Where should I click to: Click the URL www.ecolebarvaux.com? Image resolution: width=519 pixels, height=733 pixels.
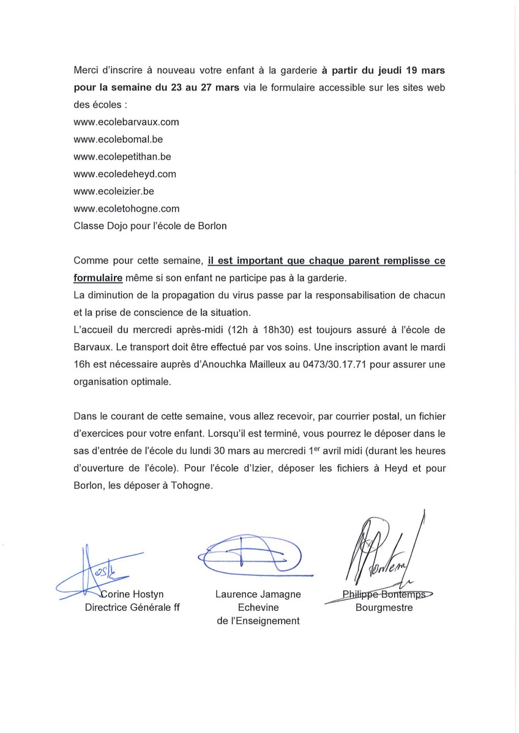[125, 122]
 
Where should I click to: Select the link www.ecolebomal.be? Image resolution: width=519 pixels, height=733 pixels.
[118, 139]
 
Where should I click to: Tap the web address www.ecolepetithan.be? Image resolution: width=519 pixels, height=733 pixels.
[122, 156]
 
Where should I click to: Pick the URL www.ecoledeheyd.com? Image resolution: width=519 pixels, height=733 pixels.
[124, 174]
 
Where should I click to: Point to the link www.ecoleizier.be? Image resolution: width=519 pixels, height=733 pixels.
[113, 191]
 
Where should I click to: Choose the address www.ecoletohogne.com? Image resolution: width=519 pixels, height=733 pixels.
[127, 208]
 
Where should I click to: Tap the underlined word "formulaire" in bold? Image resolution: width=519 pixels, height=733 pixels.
[98, 278]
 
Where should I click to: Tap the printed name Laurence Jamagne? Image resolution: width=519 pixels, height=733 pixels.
[258, 594]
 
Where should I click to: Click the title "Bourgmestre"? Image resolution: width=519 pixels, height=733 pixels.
[384, 608]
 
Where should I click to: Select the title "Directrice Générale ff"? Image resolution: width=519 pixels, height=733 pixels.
[133, 608]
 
